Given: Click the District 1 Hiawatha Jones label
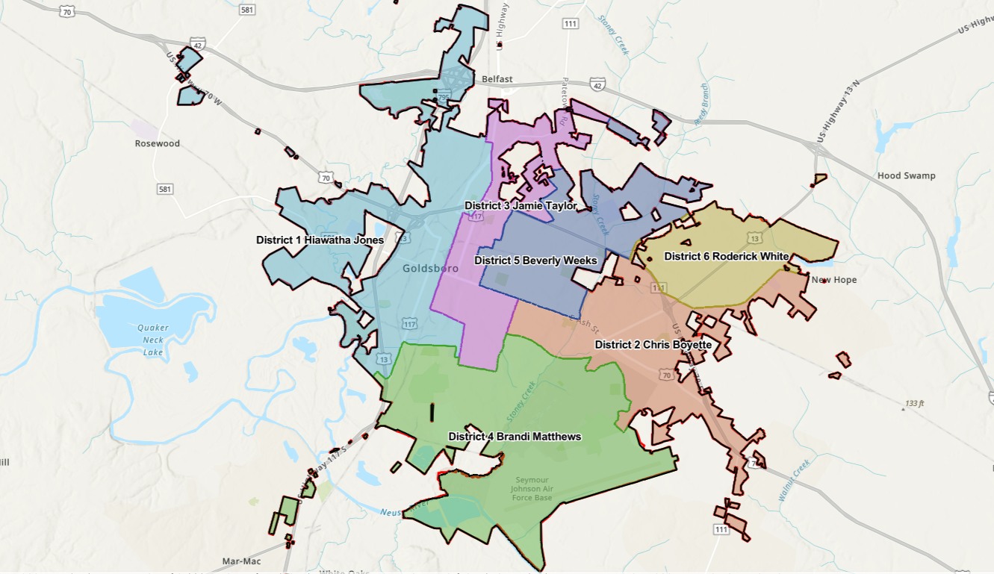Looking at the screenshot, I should click(320, 240).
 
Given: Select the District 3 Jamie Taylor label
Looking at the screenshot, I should click(521, 205).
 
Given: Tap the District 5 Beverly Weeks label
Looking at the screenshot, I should click(535, 261).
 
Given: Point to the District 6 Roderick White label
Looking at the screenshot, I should click(726, 256).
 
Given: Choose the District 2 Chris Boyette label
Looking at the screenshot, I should click(652, 345).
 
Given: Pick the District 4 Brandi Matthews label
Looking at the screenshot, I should click(515, 437).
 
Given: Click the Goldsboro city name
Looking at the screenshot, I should click(424, 269).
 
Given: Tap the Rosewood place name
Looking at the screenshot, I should click(158, 143).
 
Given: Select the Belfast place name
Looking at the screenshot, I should click(497, 79).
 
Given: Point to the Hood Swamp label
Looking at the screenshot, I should click(907, 176).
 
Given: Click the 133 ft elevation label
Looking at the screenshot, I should click(915, 404).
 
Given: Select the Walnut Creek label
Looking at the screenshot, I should click(793, 481).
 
